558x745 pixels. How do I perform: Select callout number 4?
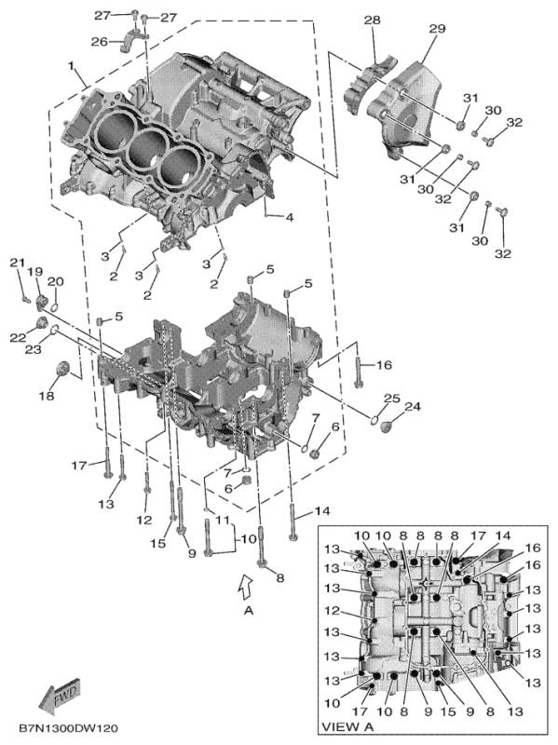pos(290,218)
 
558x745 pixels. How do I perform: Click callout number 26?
pos(100,41)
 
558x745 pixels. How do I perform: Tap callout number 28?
pos(372,20)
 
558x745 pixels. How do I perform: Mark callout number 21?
pos(16,263)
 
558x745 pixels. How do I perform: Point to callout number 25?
pos(391,399)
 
